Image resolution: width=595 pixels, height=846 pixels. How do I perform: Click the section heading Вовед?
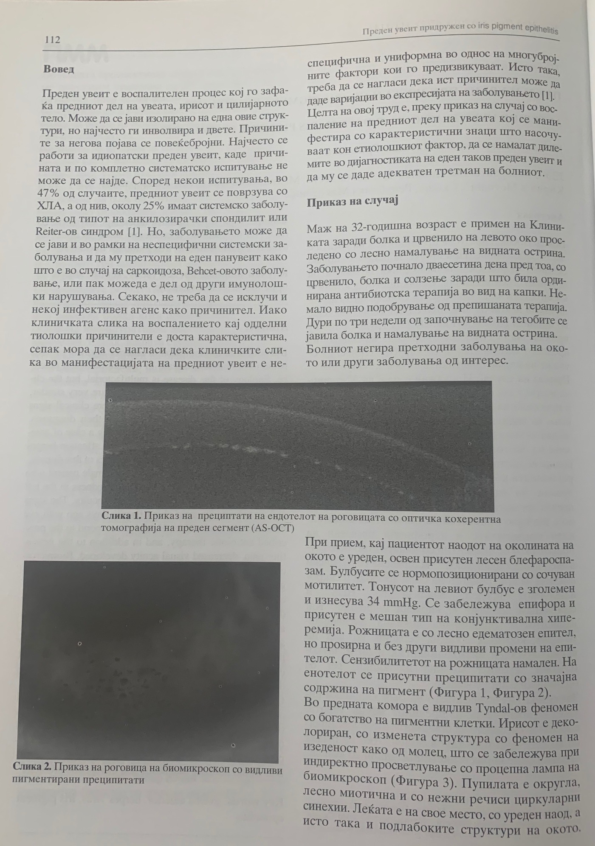tap(59, 69)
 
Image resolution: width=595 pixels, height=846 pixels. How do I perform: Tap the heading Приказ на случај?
tap(352, 202)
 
